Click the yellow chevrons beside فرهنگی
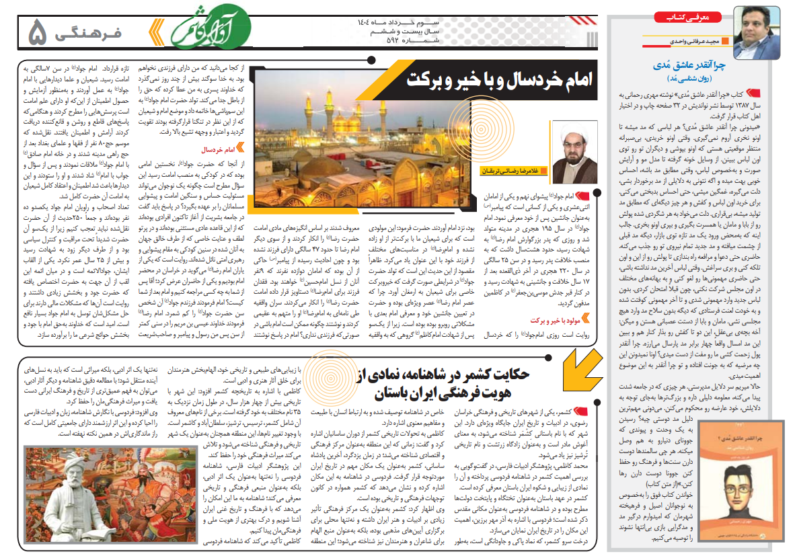pos(155,30)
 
